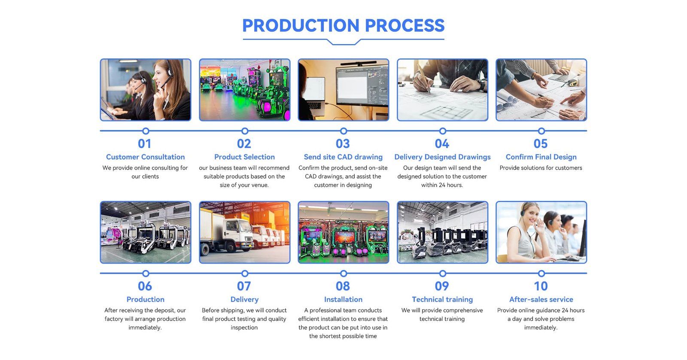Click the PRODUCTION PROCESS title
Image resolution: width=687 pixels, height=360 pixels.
(343, 25)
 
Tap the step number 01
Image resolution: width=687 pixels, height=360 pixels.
(144, 143)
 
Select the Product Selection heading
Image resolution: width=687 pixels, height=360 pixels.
(244, 157)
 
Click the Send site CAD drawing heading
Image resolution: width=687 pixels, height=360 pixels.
(343, 157)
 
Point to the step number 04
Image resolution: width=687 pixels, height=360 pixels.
(442, 143)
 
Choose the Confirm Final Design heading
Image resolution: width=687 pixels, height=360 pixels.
(541, 157)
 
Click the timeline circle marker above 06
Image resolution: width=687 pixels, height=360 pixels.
(146, 274)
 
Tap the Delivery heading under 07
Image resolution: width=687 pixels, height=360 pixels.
(244, 299)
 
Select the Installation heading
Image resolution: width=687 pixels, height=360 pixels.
(343, 299)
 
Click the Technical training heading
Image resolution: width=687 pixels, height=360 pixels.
(442, 299)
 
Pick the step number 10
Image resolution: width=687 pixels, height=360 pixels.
(541, 286)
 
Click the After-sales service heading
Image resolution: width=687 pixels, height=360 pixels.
(541, 299)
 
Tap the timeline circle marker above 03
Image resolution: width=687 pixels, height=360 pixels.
(343, 131)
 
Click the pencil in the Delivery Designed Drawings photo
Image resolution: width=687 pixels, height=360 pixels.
(423, 78)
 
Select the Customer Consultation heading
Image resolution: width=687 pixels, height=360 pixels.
(146, 157)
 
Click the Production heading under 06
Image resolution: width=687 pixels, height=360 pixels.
(146, 299)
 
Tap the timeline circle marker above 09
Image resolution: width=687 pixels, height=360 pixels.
(443, 274)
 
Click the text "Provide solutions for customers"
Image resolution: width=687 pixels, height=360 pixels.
(541, 168)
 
